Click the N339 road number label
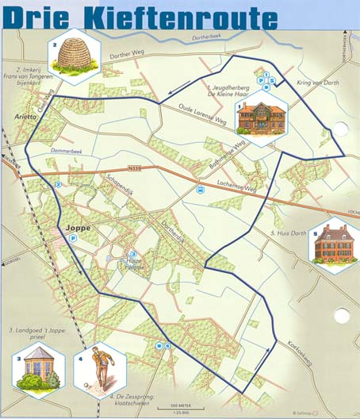point(136,171)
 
